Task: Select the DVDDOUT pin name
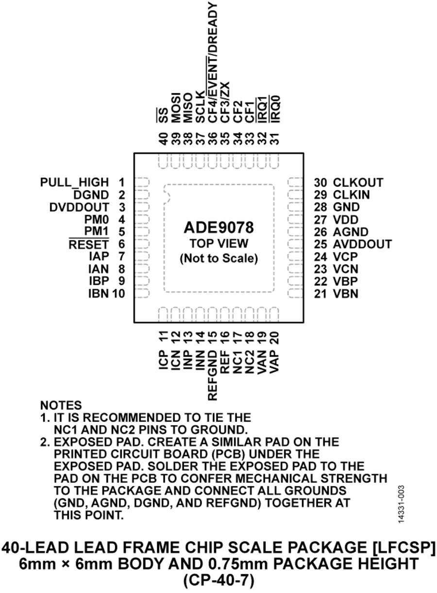[80, 207]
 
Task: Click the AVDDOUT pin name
[362, 244]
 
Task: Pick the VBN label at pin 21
[346, 293]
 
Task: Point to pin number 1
[121, 183]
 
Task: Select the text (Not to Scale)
[218, 258]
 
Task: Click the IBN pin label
[99, 293]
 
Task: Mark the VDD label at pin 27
[346, 219]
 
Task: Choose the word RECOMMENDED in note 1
[129, 417]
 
